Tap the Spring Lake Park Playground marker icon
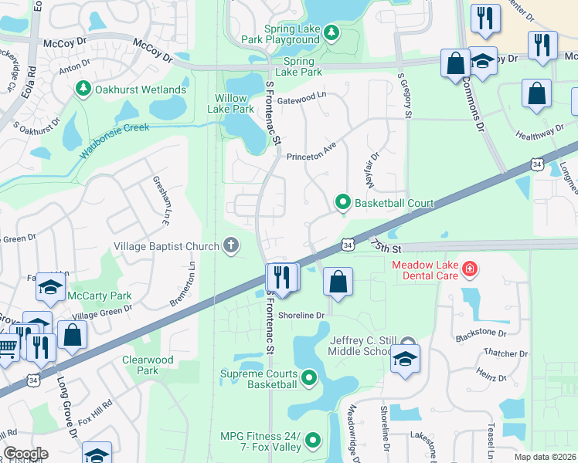point(331,32)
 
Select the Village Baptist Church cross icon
point(229,246)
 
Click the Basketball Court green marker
point(343,203)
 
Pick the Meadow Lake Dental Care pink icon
point(469,269)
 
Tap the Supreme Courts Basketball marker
point(309,377)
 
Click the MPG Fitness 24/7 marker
point(313,440)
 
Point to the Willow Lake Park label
point(231,103)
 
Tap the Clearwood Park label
point(148,365)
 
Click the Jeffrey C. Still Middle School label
point(373,346)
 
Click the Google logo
point(25,454)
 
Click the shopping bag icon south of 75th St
point(338,282)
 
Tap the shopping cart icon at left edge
point(6,349)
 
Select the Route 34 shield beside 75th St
point(348,245)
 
